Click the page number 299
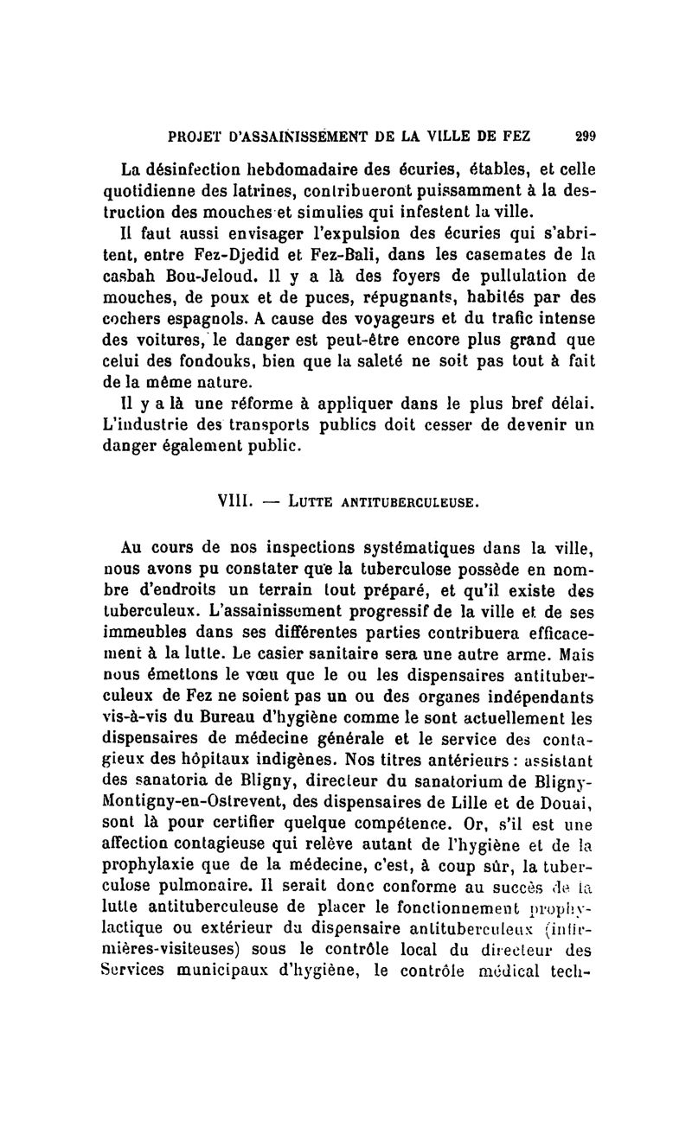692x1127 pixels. tap(586, 135)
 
